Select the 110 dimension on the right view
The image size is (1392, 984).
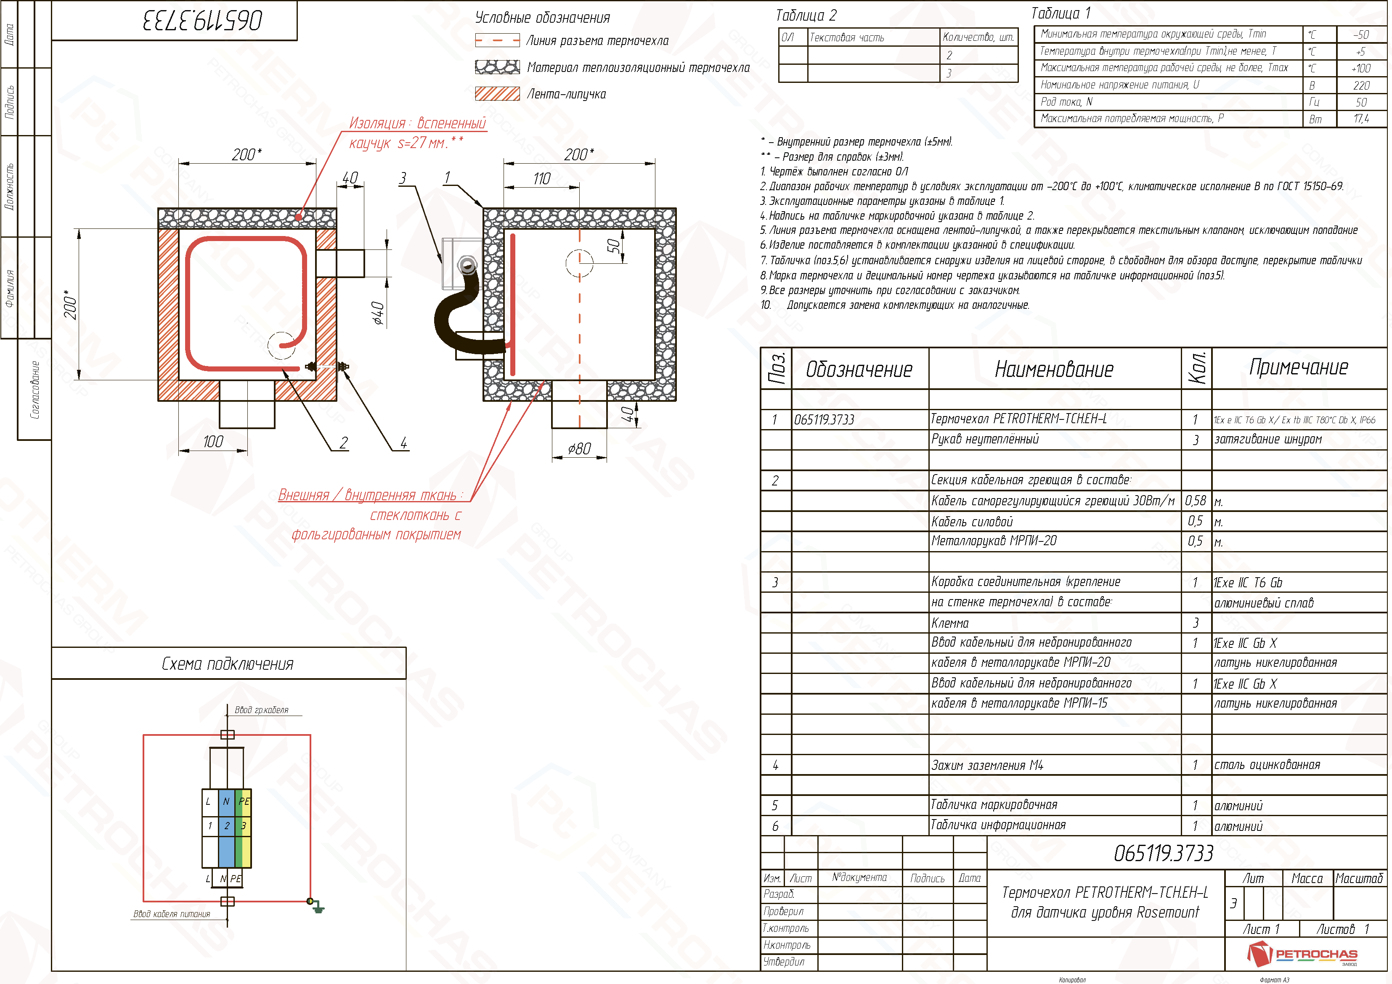tap(542, 179)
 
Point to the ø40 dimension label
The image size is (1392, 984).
tap(378, 313)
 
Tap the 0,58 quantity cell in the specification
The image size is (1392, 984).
tap(1196, 501)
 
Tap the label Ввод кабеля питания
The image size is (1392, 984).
tap(172, 914)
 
